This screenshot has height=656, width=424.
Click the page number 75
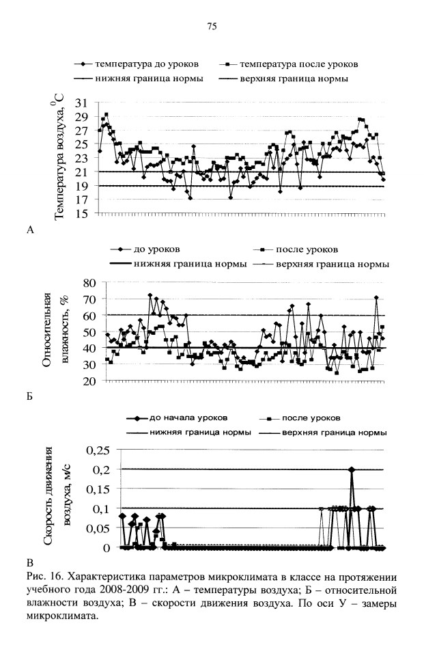[x=212, y=27]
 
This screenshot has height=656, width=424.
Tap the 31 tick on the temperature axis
[x=82, y=102]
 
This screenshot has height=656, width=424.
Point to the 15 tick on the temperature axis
[x=82, y=214]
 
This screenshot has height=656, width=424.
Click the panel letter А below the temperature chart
[x=30, y=230]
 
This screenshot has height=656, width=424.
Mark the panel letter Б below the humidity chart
[x=29, y=396]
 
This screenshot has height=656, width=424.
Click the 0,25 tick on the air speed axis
[x=98, y=450]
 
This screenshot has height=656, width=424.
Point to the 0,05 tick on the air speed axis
[x=98, y=528]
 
